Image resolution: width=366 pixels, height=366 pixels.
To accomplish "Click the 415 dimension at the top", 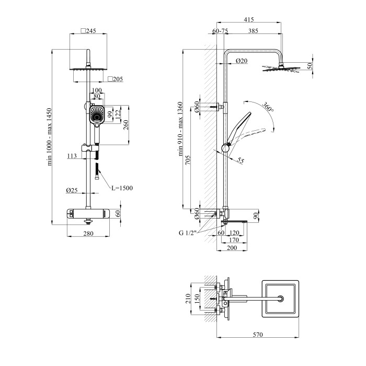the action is (249, 19).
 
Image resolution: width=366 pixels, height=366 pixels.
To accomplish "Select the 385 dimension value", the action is (253, 31).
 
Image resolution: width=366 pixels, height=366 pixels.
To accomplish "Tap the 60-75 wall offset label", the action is (220, 31).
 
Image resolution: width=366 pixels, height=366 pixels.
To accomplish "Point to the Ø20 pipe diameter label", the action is (242, 61).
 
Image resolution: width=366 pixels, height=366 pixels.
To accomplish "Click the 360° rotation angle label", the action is (268, 107).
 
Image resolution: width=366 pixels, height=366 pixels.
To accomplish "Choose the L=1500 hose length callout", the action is (122, 188).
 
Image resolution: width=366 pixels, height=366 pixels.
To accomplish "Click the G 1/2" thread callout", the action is (188, 233).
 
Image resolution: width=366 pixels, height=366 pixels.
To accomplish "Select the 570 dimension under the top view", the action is (258, 335).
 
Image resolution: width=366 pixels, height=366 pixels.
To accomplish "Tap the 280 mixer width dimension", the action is (88, 233).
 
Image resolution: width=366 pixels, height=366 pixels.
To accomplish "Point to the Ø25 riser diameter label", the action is (72, 190).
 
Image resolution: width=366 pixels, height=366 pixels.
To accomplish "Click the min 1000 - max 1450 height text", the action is (49, 137).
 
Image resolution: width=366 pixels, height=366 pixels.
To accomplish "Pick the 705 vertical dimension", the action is (188, 160).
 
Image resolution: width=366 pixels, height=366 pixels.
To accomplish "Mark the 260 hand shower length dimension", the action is (125, 125).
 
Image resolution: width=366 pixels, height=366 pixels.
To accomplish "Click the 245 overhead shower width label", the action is (88, 31).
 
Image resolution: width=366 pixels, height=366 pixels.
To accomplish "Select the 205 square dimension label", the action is (116, 79).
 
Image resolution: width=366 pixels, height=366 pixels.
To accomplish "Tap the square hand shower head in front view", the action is (97, 115).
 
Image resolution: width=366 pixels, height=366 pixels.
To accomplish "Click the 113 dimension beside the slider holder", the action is (72, 156).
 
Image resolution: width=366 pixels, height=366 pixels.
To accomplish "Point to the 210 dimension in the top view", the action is (188, 299).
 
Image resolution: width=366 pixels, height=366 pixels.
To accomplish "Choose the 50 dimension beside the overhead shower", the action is (310, 66).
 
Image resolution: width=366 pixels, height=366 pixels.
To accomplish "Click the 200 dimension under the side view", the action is (232, 248).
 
